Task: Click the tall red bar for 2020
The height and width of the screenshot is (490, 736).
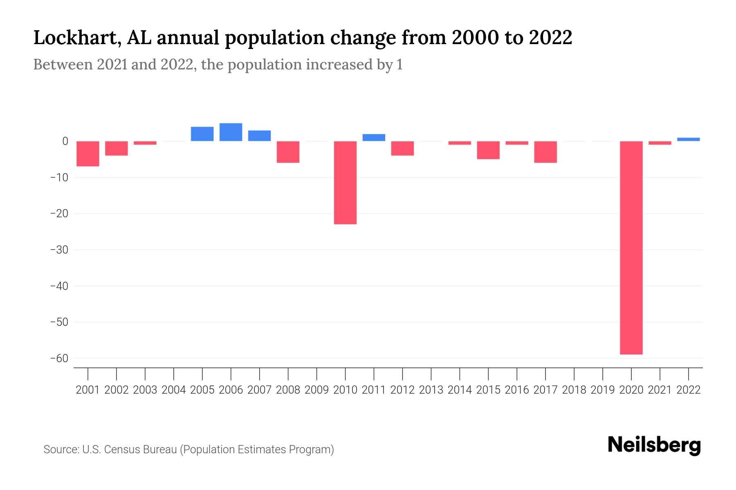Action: [631, 247]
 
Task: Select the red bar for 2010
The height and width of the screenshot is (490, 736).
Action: [345, 183]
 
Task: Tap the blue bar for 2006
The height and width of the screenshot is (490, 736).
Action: [231, 132]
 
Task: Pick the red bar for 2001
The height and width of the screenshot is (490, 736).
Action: [88, 154]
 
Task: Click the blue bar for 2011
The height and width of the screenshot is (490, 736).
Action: [374, 138]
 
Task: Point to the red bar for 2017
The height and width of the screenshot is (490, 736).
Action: [545, 152]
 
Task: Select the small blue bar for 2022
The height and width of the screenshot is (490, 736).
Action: [688, 139]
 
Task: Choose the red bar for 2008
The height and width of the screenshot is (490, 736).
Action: [288, 152]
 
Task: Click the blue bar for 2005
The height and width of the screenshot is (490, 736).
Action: [202, 134]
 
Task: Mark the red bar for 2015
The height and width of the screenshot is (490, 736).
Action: [488, 150]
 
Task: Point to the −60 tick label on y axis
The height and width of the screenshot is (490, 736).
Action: [59, 359]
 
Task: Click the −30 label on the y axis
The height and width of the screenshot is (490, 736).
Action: [59, 249]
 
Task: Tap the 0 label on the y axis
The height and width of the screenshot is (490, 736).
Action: [65, 141]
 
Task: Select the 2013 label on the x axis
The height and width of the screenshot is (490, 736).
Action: [431, 390]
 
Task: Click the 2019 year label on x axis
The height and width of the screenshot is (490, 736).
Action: [602, 390]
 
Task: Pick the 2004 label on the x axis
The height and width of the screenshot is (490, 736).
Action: [174, 390]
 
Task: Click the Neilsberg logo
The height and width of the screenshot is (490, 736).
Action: [654, 445]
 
